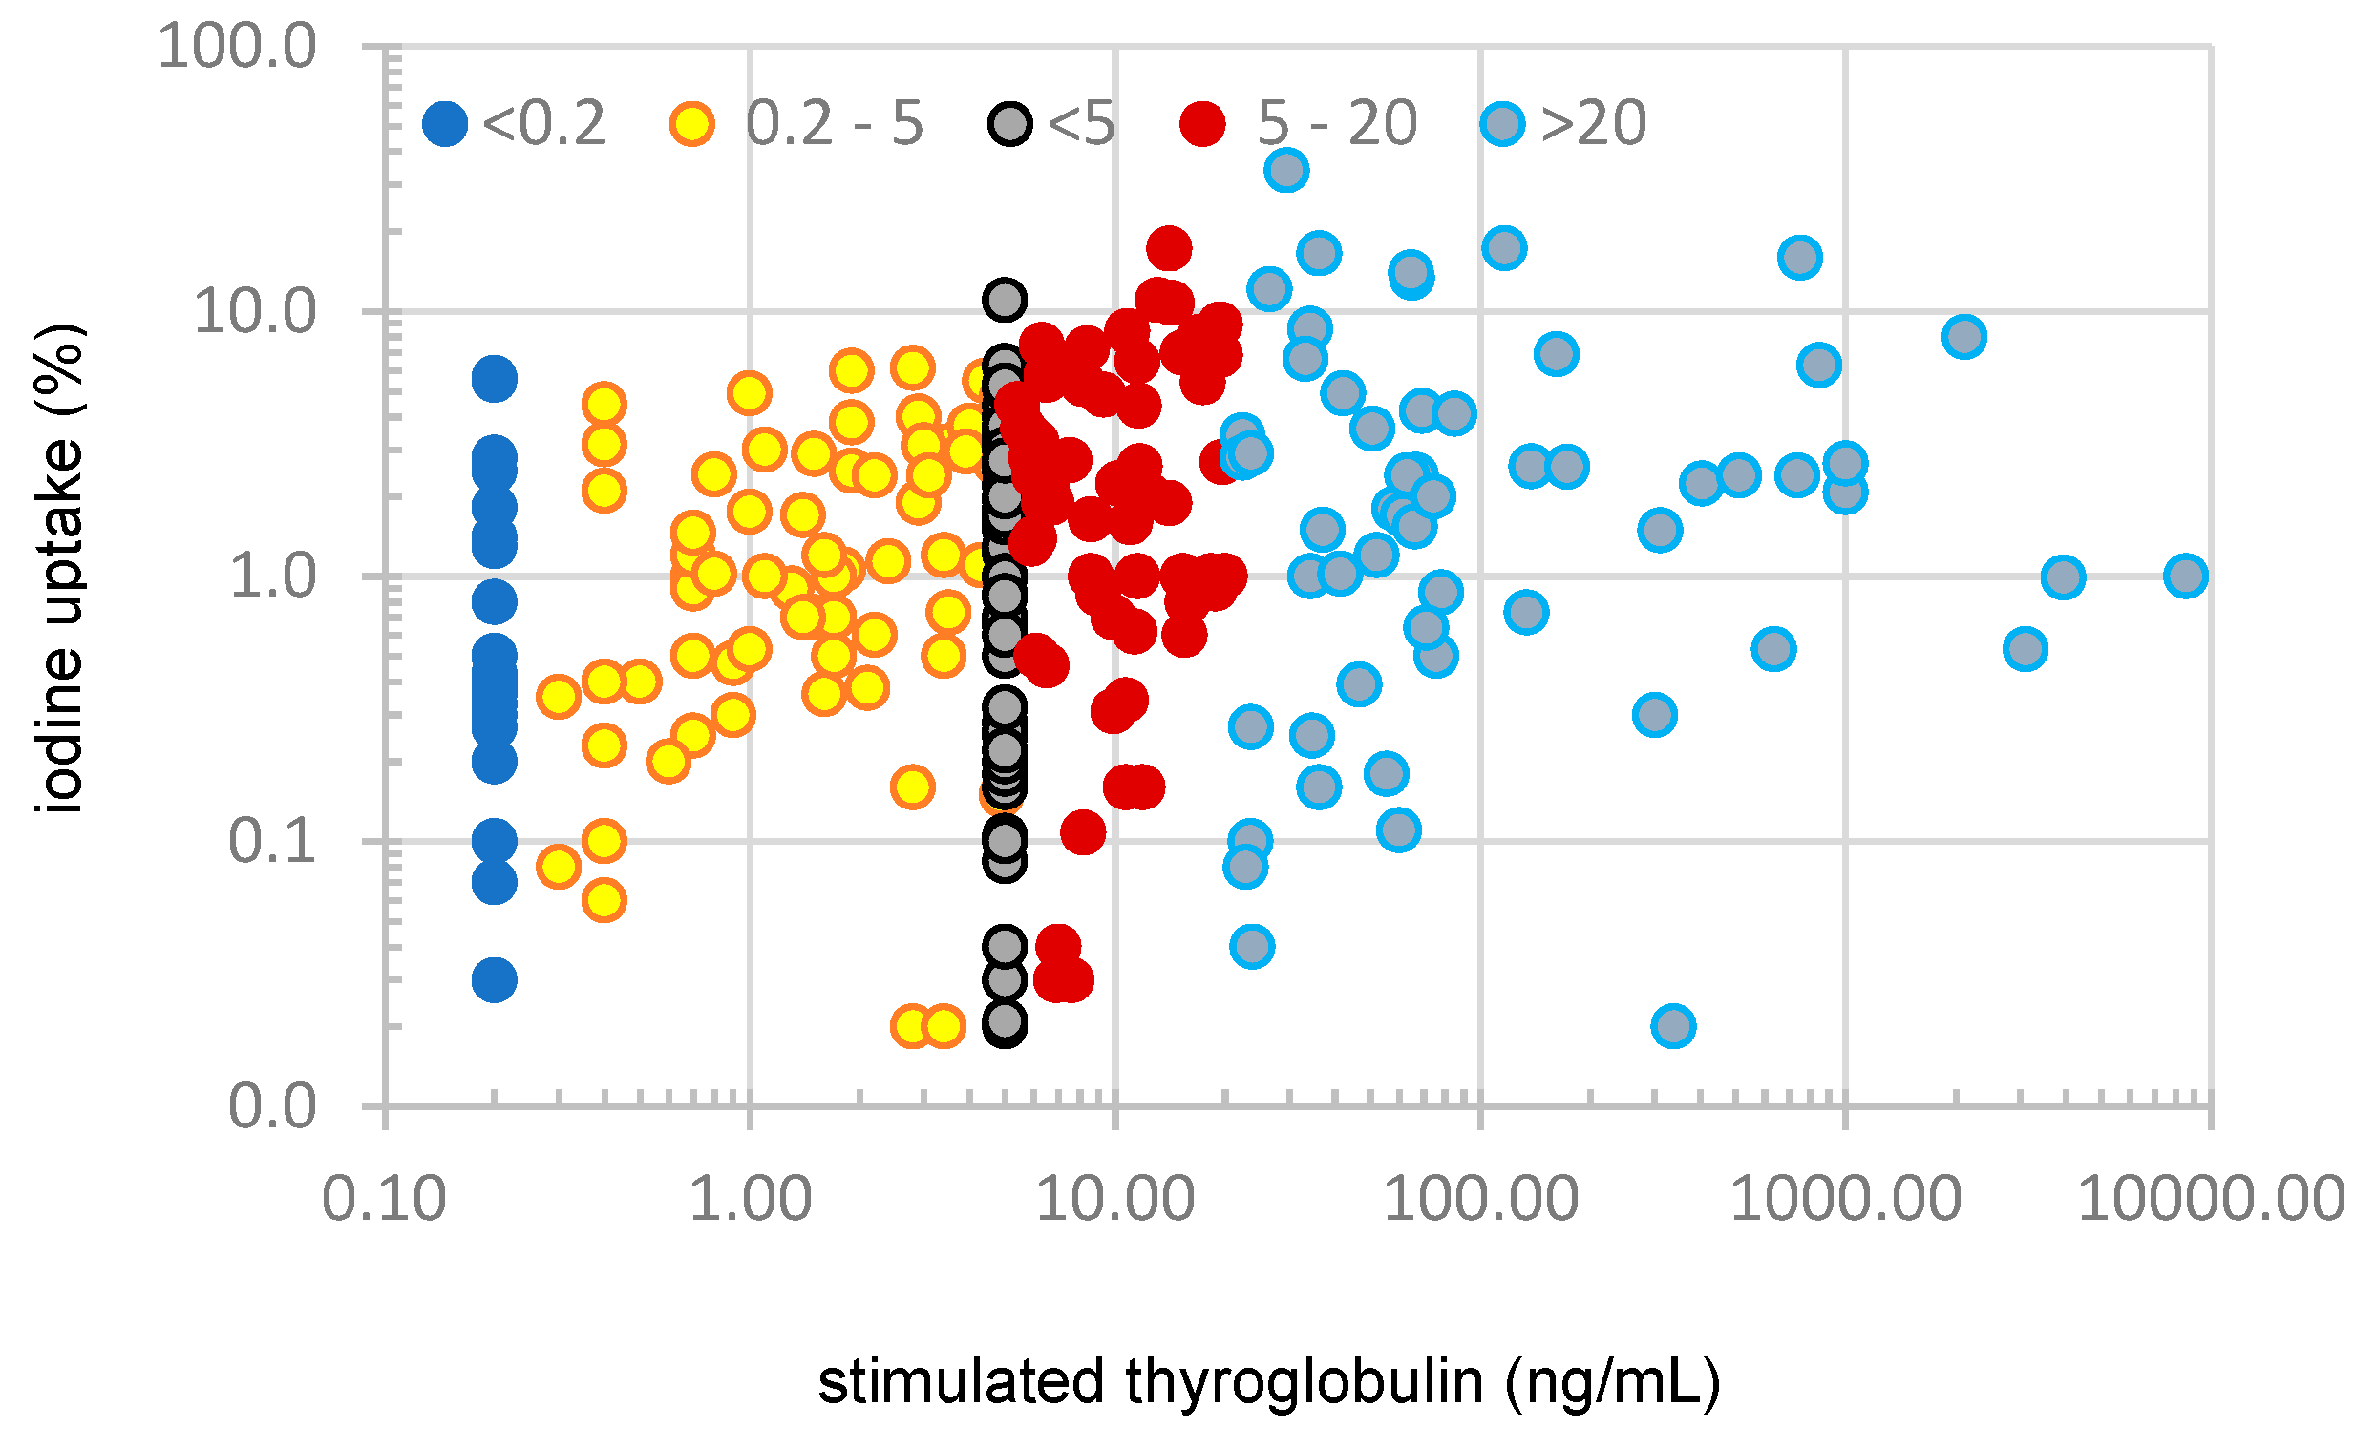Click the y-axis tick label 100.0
236,46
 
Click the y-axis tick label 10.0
255,311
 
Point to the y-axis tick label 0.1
271,841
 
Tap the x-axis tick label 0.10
384,1200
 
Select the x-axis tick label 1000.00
1846,1200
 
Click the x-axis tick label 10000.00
2210,1200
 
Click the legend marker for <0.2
444,123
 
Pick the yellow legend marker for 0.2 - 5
692,123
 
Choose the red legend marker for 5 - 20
1202,123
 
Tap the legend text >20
1593,123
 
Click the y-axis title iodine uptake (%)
60,569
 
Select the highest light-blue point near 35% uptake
1286,171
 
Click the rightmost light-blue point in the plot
2186,577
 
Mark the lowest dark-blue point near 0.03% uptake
494,980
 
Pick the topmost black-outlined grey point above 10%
1005,299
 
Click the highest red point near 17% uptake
1169,249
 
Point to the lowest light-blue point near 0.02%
1673,1026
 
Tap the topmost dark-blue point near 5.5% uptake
494,379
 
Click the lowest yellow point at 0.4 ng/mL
604,900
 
